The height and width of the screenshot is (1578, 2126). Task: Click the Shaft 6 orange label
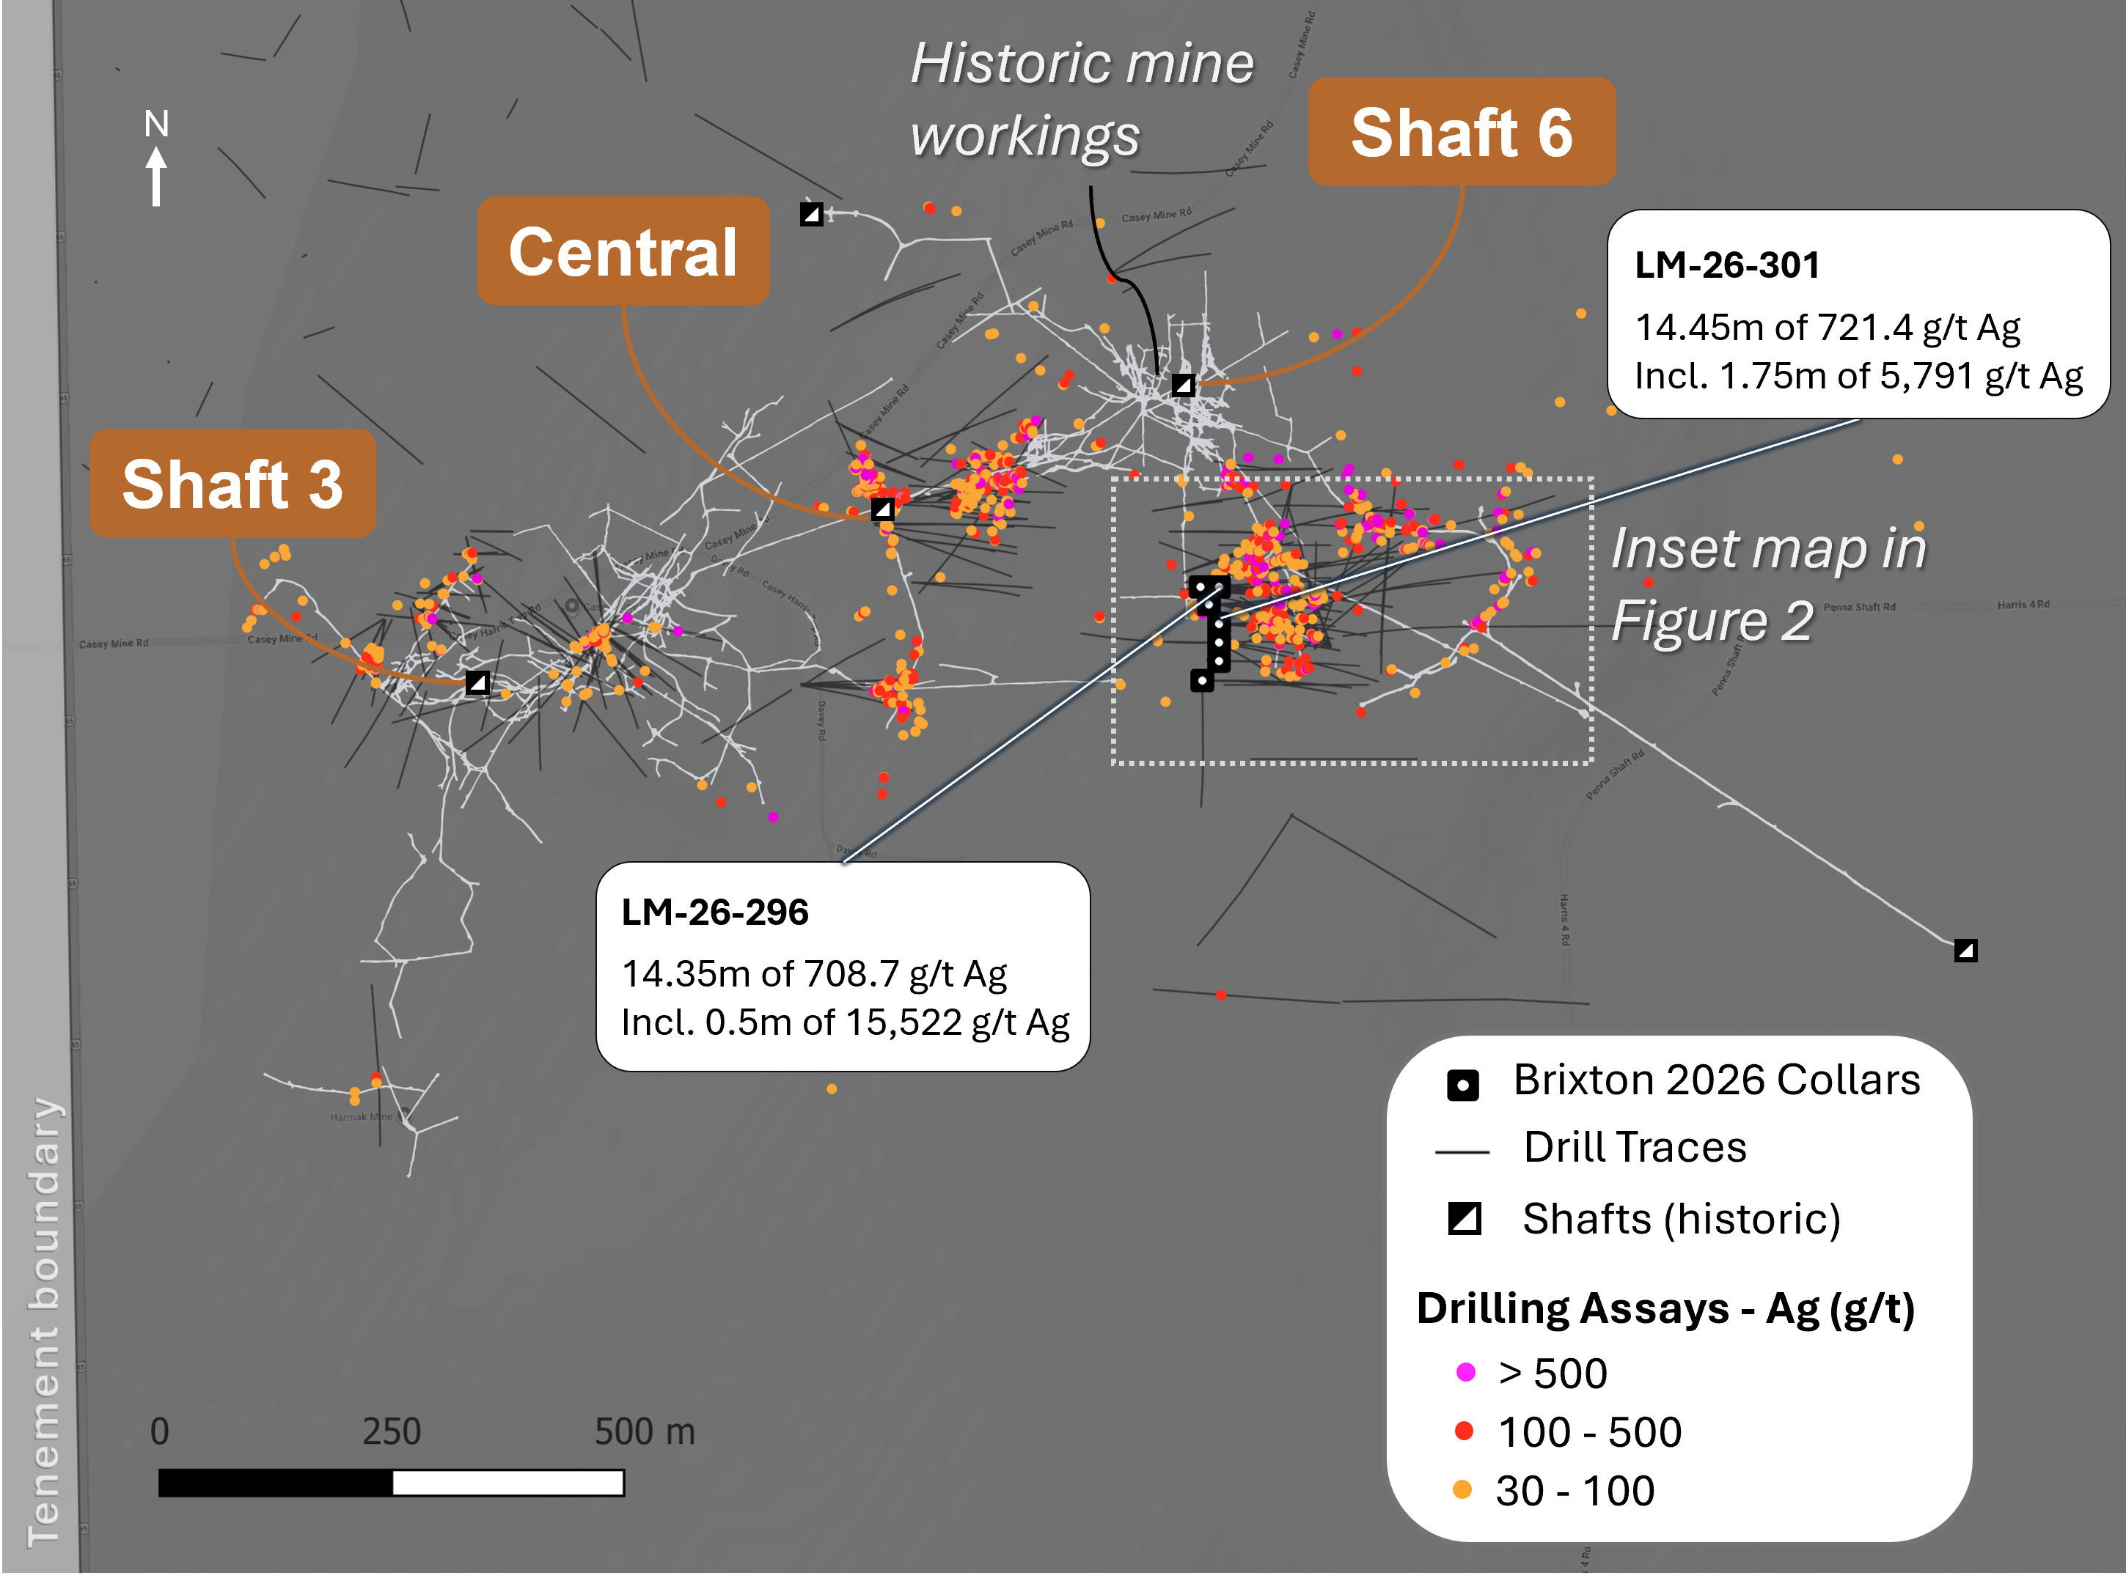pyautogui.click(x=1461, y=132)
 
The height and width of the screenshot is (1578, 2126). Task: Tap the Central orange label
pyautogui.click(x=623, y=251)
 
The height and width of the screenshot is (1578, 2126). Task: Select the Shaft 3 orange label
pyautogui.click(x=232, y=483)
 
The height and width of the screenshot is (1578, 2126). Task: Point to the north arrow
pyautogui.click(x=155, y=173)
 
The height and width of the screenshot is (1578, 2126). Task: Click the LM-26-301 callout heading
pyautogui.click(x=1726, y=265)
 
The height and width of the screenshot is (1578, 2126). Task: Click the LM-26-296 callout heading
pyautogui.click(x=715, y=912)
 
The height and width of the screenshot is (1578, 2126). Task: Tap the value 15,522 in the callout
pyautogui.click(x=903, y=1022)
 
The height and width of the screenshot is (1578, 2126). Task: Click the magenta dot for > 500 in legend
pyautogui.click(x=1465, y=1373)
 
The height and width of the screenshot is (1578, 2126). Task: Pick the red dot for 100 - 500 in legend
pyautogui.click(x=1463, y=1431)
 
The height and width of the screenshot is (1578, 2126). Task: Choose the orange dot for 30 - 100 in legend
pyautogui.click(x=1462, y=1489)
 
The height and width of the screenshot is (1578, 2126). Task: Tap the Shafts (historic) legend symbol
pyautogui.click(x=1464, y=1218)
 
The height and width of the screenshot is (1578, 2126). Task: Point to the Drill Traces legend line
pyautogui.click(x=1462, y=1153)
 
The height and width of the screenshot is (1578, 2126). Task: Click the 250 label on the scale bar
pyautogui.click(x=392, y=1431)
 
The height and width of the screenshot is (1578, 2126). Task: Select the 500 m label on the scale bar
pyautogui.click(x=644, y=1431)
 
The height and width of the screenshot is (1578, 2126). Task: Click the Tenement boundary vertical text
pyautogui.click(x=44, y=1322)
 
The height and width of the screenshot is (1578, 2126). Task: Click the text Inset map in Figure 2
pyautogui.click(x=1767, y=585)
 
